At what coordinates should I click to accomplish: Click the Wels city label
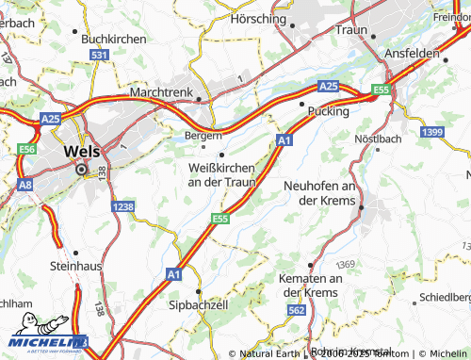pos(82,150)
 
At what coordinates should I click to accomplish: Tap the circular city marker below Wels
pos(81,170)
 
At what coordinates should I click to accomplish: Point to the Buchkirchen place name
pos(114,39)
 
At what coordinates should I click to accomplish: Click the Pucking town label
pos(328,111)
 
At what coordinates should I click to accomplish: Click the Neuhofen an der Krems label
pos(319,192)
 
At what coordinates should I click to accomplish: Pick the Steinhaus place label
pos(74,267)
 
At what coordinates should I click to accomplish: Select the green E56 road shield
pos(26,149)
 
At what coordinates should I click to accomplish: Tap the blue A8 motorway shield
pos(24,186)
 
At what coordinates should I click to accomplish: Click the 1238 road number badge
pos(122,206)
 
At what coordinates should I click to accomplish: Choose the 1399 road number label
pos(432,131)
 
